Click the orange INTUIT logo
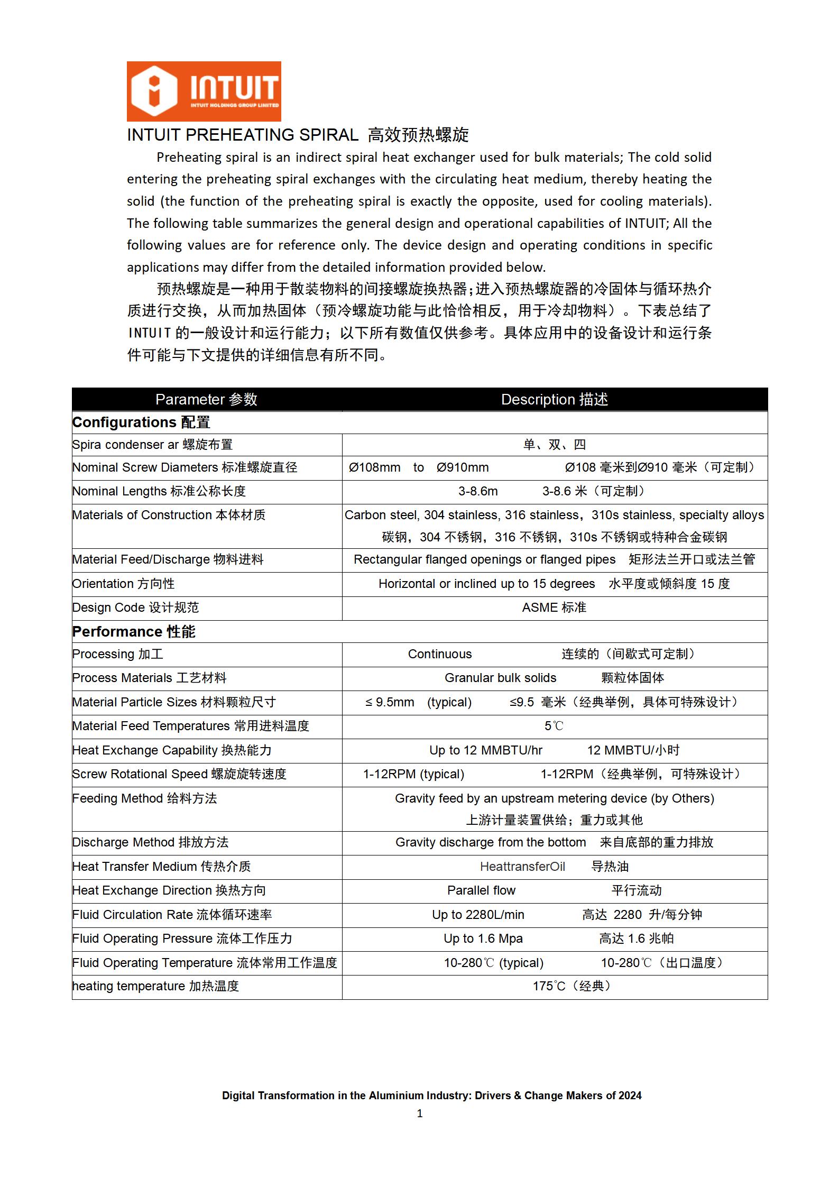click(x=204, y=91)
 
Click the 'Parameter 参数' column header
click(x=206, y=399)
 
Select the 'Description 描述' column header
click(x=554, y=399)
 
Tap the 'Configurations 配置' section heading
click(x=141, y=422)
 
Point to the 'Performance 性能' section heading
click(x=134, y=631)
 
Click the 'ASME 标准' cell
click(x=554, y=608)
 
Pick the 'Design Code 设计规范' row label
click(x=136, y=608)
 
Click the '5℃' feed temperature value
click(x=554, y=726)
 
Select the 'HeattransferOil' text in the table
click(x=522, y=867)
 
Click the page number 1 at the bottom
click(x=420, y=1114)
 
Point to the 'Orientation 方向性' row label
click(x=124, y=584)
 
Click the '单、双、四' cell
click(x=554, y=445)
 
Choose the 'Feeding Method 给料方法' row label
click(x=145, y=798)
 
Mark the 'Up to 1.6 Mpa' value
click(x=483, y=938)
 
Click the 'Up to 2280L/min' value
click(x=478, y=915)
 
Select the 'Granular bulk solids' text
click(x=500, y=678)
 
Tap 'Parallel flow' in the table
click(x=481, y=890)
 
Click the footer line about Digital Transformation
click(x=431, y=1096)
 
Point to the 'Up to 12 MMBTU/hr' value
click(x=486, y=750)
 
